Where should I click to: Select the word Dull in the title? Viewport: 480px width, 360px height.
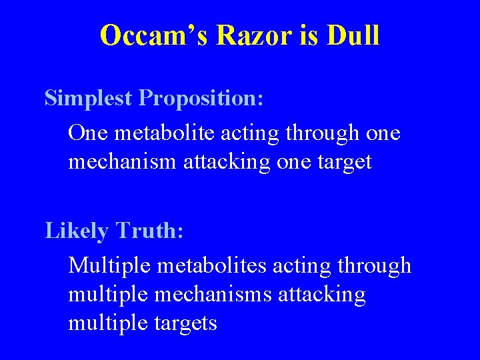[x=353, y=35]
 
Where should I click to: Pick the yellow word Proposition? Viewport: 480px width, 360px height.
[x=201, y=98]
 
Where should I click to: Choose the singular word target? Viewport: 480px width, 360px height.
[x=342, y=161]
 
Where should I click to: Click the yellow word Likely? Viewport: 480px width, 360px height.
[x=76, y=231]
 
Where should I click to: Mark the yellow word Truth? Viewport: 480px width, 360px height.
[x=150, y=231]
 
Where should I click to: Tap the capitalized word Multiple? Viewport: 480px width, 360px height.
[x=109, y=265]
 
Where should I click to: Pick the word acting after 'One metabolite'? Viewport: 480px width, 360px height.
[x=247, y=133]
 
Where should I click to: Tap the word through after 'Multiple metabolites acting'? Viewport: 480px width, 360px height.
[x=374, y=265]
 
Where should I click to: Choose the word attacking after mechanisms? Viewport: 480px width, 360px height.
[x=319, y=294]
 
